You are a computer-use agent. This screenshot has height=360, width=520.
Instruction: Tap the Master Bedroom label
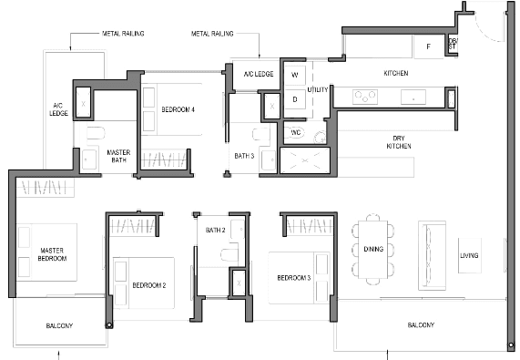(x=52, y=254)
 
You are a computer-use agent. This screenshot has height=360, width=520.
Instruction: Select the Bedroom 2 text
(x=149, y=285)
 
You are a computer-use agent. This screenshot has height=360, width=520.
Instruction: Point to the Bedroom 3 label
(x=294, y=278)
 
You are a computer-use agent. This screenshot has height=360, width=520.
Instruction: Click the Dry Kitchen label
(x=399, y=142)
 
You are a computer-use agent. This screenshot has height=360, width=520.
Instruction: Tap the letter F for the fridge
(x=428, y=46)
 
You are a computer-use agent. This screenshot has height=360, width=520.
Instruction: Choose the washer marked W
(x=295, y=75)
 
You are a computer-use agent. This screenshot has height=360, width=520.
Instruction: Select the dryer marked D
(x=295, y=99)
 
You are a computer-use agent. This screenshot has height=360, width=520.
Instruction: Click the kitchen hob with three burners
(x=365, y=98)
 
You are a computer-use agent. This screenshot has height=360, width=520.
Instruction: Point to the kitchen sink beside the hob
(x=413, y=98)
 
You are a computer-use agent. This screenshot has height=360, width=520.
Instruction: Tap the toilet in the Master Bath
(x=96, y=133)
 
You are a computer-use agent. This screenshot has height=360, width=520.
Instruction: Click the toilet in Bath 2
(x=229, y=254)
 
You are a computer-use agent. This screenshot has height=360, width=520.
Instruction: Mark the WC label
(x=295, y=133)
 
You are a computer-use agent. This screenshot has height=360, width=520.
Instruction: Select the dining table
(x=373, y=250)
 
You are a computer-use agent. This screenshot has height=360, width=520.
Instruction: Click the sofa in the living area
(x=432, y=255)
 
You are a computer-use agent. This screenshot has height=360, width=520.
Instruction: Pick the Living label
(x=469, y=255)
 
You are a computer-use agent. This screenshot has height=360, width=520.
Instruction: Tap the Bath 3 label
(x=244, y=156)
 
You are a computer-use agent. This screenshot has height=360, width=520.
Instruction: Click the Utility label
(x=317, y=89)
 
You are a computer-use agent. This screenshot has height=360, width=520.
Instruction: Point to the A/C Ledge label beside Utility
(x=259, y=74)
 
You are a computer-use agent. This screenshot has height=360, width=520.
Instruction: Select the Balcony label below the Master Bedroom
(x=59, y=326)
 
